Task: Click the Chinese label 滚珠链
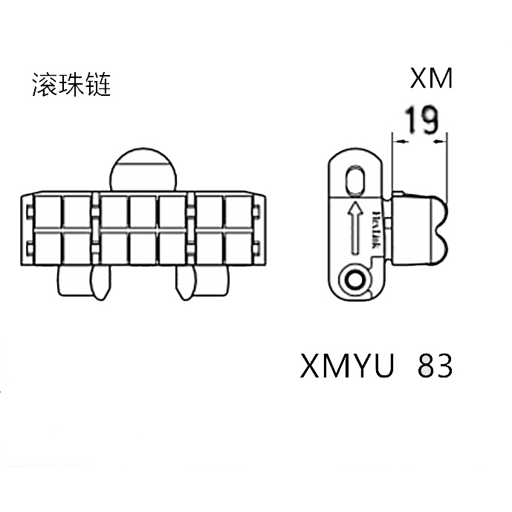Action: [x=71, y=85]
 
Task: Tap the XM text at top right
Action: [x=431, y=78]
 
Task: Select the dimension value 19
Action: [x=421, y=120]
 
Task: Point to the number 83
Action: [x=436, y=366]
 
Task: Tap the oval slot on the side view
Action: [x=356, y=181]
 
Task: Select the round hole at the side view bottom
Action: [x=355, y=282]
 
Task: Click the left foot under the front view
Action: [x=77, y=282]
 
